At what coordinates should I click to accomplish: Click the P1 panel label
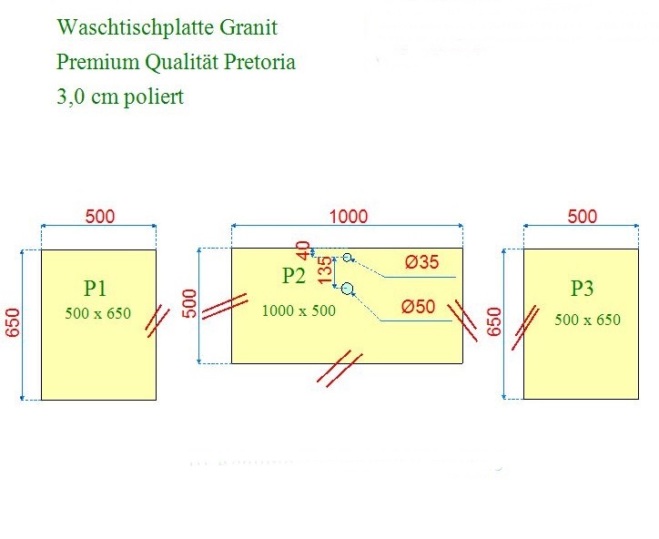click(96, 289)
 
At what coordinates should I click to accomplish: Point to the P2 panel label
click(294, 276)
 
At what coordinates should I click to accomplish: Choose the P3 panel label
click(582, 289)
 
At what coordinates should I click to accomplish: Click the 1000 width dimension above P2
click(349, 216)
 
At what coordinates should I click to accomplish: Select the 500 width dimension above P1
click(99, 216)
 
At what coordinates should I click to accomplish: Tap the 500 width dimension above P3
click(582, 216)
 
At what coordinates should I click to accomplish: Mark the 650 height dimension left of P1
click(13, 322)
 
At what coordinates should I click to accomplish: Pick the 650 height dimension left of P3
click(495, 322)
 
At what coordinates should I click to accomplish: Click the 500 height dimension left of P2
click(190, 303)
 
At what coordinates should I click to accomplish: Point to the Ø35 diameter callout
click(421, 263)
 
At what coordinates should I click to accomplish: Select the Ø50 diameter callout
click(419, 307)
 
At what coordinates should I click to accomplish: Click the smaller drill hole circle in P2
click(347, 258)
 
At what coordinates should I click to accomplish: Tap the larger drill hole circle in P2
click(347, 290)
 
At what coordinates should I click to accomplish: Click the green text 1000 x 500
click(299, 310)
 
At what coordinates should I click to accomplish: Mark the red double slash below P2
click(340, 369)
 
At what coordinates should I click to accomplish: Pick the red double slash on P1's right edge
click(158, 320)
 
